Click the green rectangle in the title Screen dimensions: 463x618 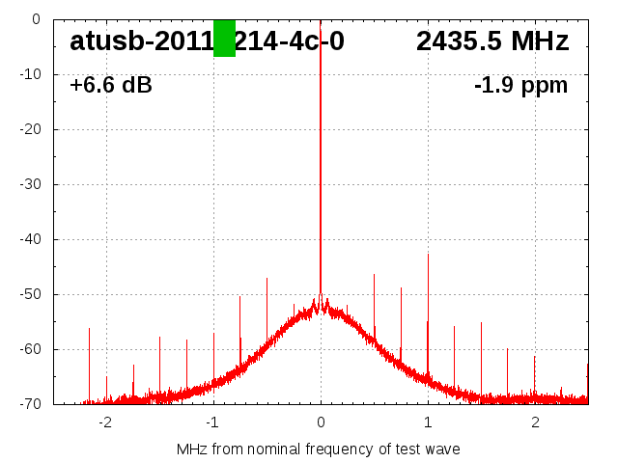pyautogui.click(x=224, y=39)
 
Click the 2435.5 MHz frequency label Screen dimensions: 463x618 pyautogui.click(x=492, y=41)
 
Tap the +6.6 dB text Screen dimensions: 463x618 pyautogui.click(x=111, y=86)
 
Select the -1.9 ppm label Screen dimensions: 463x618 pyautogui.click(x=520, y=86)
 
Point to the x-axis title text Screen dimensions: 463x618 pyautogui.click(x=319, y=449)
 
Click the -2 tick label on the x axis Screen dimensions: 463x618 pyautogui.click(x=105, y=422)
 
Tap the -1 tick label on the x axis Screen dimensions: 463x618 pyautogui.click(x=212, y=422)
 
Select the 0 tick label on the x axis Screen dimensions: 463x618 pyautogui.click(x=321, y=422)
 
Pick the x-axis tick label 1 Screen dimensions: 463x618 pyautogui.click(x=428, y=422)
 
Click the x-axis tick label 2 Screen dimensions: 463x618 pyautogui.click(x=535, y=422)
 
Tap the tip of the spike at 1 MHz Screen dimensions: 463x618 pyautogui.click(x=428, y=255)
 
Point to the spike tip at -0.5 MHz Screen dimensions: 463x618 pyautogui.click(x=267, y=279)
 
